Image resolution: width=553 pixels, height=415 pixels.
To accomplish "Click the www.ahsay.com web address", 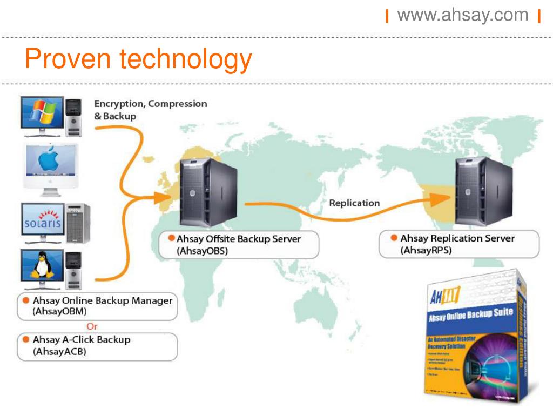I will [463, 15].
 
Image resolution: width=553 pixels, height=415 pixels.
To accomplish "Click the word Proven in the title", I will [65, 59].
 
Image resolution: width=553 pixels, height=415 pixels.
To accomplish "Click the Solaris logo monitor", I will [43, 222].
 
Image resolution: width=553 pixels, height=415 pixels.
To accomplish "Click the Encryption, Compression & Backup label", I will [150, 109].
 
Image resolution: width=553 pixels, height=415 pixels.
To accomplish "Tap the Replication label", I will [354, 203].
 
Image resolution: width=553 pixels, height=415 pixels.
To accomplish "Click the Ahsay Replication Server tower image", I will [482, 190].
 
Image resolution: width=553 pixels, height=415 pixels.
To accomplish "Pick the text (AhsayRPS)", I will [426, 250].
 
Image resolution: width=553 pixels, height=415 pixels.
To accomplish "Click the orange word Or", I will [92, 326].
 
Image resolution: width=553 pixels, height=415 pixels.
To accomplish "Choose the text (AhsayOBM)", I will [60, 311].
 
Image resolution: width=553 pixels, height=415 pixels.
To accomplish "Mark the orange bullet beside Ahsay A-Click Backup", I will [25, 339].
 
